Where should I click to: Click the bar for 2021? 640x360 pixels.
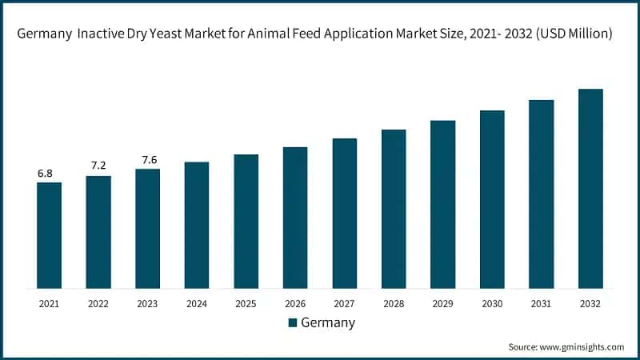pyautogui.click(x=49, y=235)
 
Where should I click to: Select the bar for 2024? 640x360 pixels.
pyautogui.click(x=197, y=225)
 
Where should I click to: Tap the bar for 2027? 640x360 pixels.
pyautogui.click(x=345, y=213)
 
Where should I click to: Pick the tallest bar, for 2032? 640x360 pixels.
pyautogui.click(x=590, y=188)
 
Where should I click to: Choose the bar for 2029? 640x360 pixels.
pyautogui.click(x=443, y=204)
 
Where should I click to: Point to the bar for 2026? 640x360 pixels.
pyautogui.click(x=295, y=218)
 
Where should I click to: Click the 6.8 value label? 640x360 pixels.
pyautogui.click(x=46, y=174)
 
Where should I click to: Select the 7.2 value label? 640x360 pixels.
pyautogui.click(x=98, y=166)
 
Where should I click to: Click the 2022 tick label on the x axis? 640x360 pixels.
pyautogui.click(x=98, y=303)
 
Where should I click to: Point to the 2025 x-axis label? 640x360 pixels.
pyautogui.click(x=246, y=303)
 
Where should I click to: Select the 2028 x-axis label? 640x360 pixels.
pyautogui.click(x=394, y=303)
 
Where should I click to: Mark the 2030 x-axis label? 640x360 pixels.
pyautogui.click(x=492, y=303)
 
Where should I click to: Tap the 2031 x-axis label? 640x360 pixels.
pyautogui.click(x=542, y=303)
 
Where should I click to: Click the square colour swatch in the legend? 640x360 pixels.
pyautogui.click(x=292, y=322)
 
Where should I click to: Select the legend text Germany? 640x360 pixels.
pyautogui.click(x=328, y=322)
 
